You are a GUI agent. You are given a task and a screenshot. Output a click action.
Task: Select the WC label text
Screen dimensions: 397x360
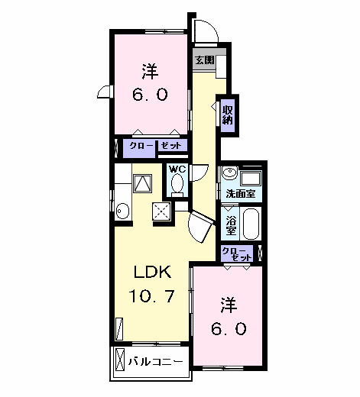[x=177, y=169]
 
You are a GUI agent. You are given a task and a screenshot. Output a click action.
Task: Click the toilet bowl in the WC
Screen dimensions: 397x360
[x=177, y=184]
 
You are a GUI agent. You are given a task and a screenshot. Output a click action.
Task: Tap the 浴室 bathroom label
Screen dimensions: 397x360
[x=231, y=224]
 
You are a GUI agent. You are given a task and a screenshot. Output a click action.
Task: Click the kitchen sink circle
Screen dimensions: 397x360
[x=122, y=208]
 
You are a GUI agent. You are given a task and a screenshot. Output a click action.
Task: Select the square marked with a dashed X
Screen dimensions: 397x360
[x=162, y=210]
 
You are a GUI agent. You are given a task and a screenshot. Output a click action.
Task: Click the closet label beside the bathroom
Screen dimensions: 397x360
[x=235, y=253]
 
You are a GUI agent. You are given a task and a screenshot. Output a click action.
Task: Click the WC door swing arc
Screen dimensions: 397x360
[x=197, y=174]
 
